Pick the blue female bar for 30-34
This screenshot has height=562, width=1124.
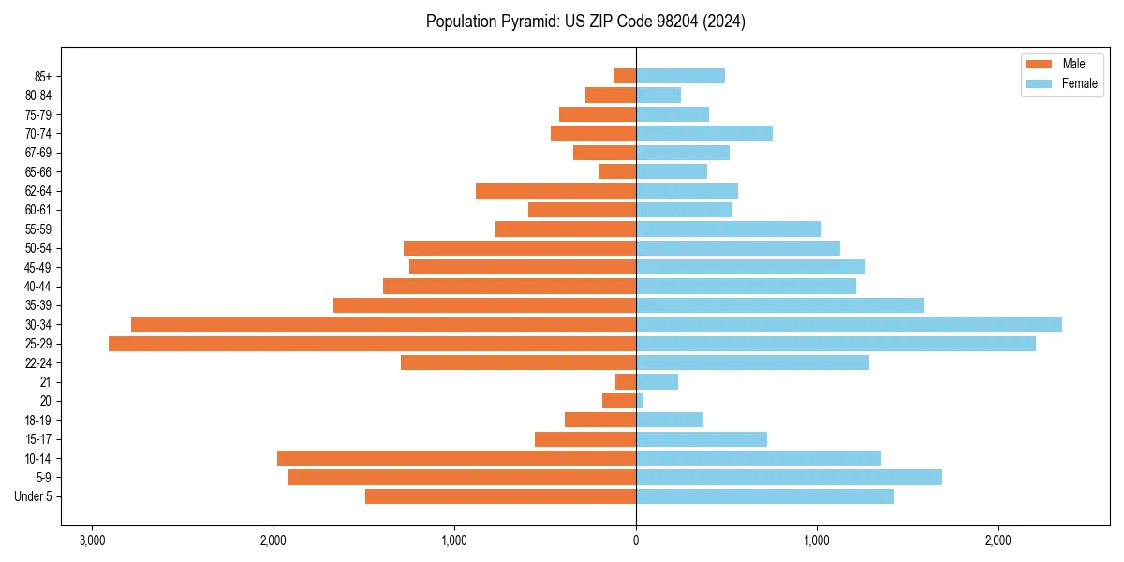[849, 324]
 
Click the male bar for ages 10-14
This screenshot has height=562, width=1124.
[456, 458]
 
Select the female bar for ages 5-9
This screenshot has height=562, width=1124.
[789, 477]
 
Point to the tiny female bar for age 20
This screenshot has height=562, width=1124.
[640, 401]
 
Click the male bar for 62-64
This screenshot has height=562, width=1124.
[555, 191]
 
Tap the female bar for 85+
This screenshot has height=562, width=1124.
[680, 76]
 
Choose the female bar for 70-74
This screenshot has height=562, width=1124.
[704, 133]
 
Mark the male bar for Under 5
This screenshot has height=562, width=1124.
[500, 496]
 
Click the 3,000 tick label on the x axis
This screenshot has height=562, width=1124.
[92, 541]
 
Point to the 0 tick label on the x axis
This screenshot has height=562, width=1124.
[636, 541]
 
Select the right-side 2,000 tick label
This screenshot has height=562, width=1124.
[998, 541]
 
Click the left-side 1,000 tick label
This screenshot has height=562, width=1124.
[454, 541]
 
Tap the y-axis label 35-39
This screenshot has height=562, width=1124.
[37, 305]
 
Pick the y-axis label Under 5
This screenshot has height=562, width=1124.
[33, 496]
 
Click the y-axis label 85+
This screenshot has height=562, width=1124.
[41, 76]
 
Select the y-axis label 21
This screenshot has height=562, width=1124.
[46, 382]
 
